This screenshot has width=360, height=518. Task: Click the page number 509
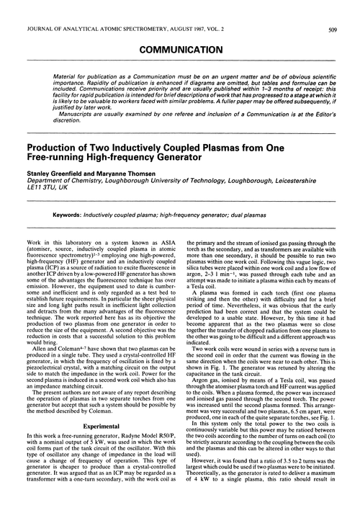coord(348,10)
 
